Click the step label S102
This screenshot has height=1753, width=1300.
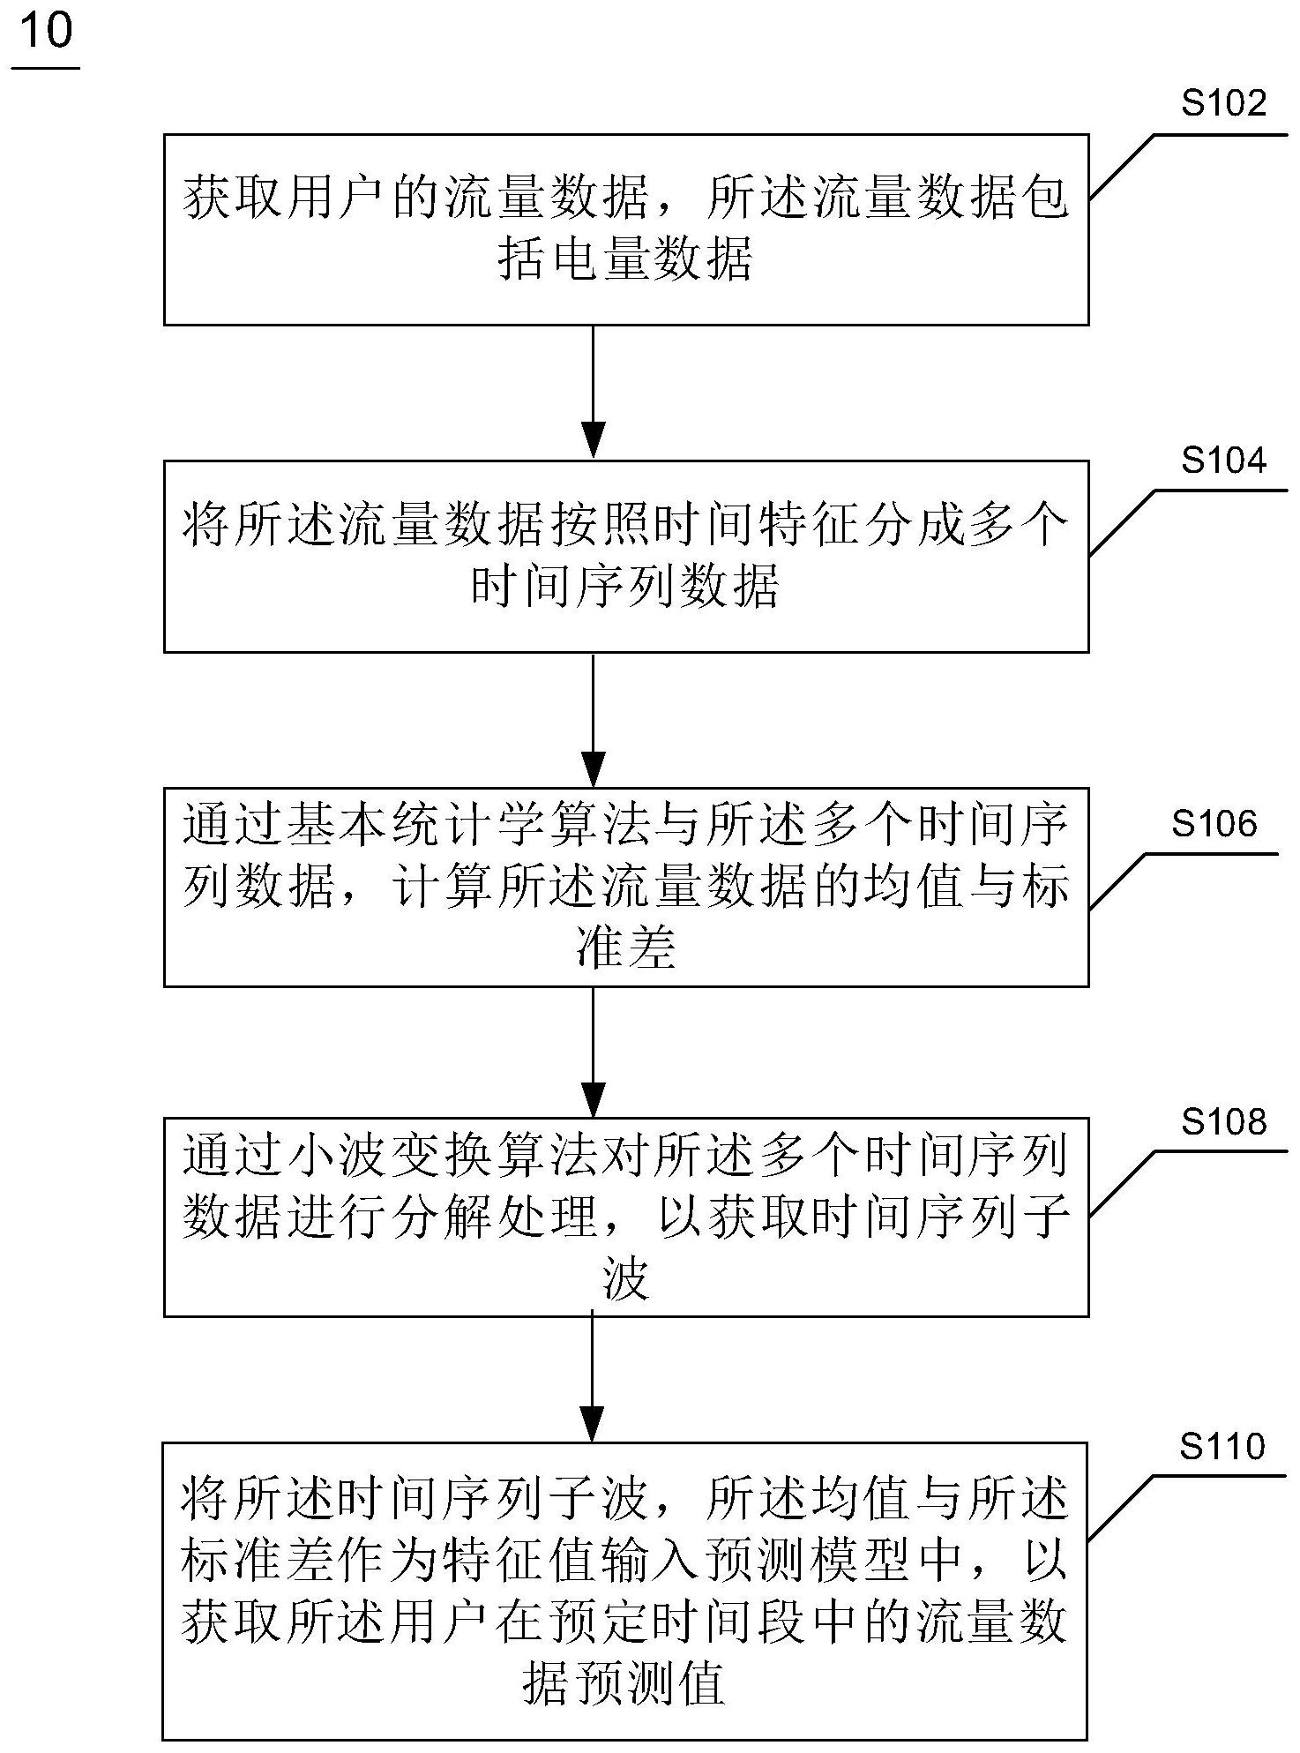1223,104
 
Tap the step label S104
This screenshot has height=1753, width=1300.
1223,461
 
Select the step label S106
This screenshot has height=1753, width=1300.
1214,824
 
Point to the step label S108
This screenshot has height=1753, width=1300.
1223,1122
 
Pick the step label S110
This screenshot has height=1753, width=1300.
1222,1447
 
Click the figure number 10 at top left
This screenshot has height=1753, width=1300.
46,33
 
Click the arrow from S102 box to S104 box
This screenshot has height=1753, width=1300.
593,393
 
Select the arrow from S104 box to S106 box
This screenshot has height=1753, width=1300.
593,720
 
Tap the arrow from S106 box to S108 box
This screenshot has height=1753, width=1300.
593,1052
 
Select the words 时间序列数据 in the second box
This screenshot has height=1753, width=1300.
625,588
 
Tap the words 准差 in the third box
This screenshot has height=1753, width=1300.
625,950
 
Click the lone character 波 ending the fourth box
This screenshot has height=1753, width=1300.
625,1280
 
